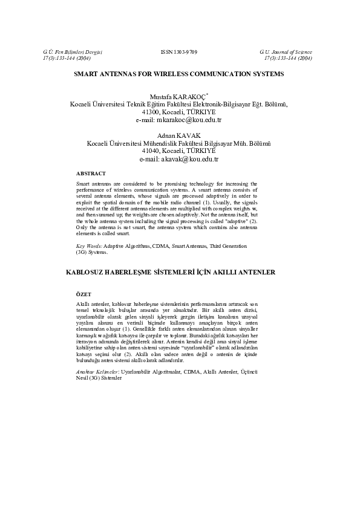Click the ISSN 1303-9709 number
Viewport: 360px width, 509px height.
point(179,53)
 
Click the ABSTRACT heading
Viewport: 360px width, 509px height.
point(91,173)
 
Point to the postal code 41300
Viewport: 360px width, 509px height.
point(151,112)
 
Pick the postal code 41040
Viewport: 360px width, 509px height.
point(151,151)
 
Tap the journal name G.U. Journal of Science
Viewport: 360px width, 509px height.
point(286,53)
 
